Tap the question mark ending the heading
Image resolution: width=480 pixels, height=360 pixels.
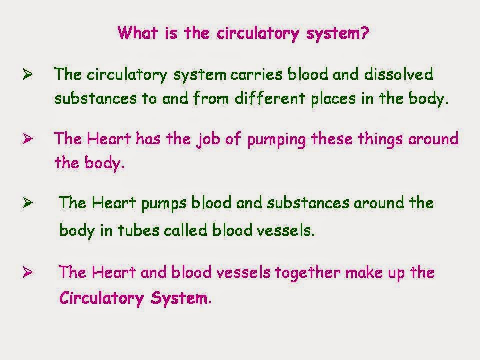365,34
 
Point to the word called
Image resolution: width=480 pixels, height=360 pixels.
186,231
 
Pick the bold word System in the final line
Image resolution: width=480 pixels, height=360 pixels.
178,299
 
